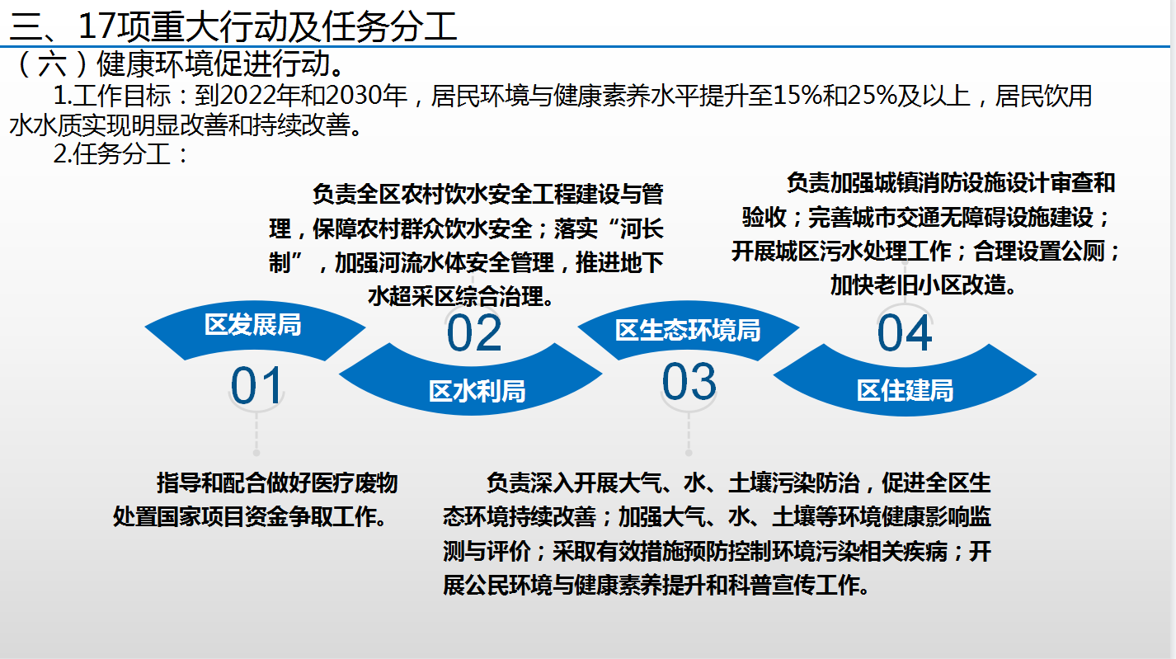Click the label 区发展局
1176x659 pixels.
click(x=252, y=324)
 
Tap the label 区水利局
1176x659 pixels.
click(x=477, y=391)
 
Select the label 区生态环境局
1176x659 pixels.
click(x=688, y=330)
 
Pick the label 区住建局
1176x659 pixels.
click(x=906, y=391)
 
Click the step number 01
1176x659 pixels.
click(x=256, y=386)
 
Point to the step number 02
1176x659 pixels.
click(x=474, y=333)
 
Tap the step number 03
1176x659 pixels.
click(x=689, y=382)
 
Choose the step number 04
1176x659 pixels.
click(x=905, y=333)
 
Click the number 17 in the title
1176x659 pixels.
click(x=97, y=26)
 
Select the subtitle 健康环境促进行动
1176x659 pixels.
click(x=213, y=64)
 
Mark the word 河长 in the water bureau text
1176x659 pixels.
click(x=642, y=228)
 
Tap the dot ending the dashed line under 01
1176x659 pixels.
click(x=256, y=453)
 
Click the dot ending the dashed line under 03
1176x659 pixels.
click(x=689, y=453)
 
